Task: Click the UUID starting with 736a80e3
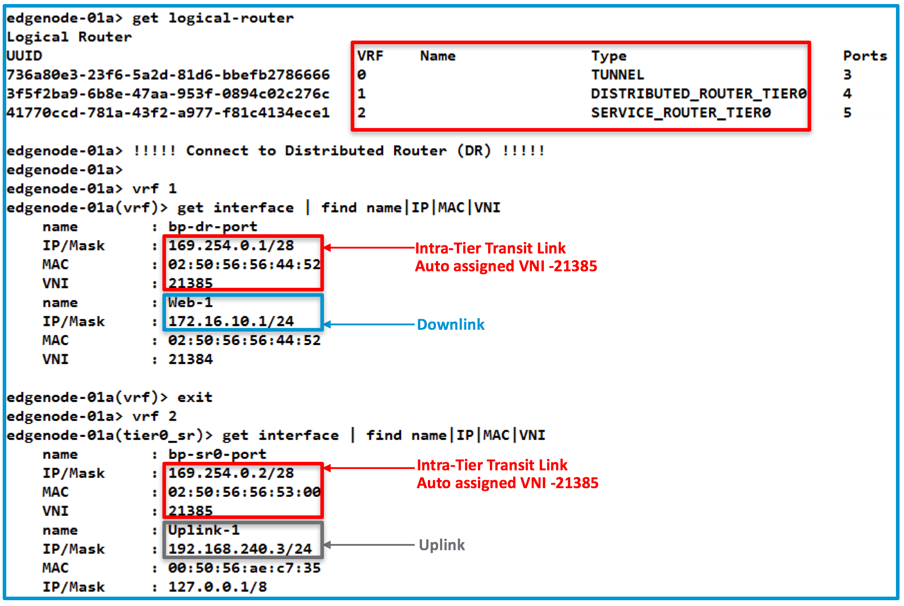168,75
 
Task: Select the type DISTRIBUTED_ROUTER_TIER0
698,94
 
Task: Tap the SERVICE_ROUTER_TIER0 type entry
680,112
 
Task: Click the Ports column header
864,56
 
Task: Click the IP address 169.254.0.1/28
231,245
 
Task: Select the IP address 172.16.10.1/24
231,321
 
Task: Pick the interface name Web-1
190,303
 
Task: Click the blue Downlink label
450,324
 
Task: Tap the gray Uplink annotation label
441,545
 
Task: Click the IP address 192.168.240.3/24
240,549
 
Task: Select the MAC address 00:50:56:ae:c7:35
244,568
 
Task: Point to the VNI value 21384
190,359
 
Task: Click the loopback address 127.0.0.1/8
217,587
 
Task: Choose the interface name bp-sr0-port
217,454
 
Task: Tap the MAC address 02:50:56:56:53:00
244,492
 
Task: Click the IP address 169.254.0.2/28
231,473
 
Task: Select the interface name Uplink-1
203,530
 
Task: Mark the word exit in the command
195,397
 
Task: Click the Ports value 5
847,112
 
